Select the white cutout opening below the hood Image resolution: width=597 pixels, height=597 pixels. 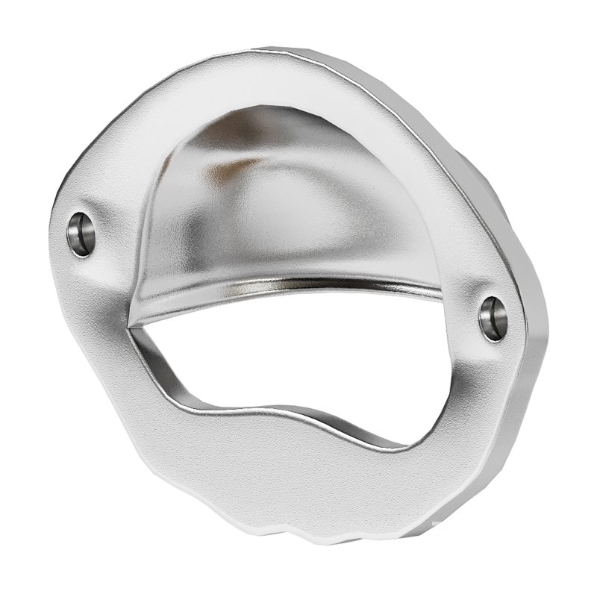pyautogui.click(x=298, y=366)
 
